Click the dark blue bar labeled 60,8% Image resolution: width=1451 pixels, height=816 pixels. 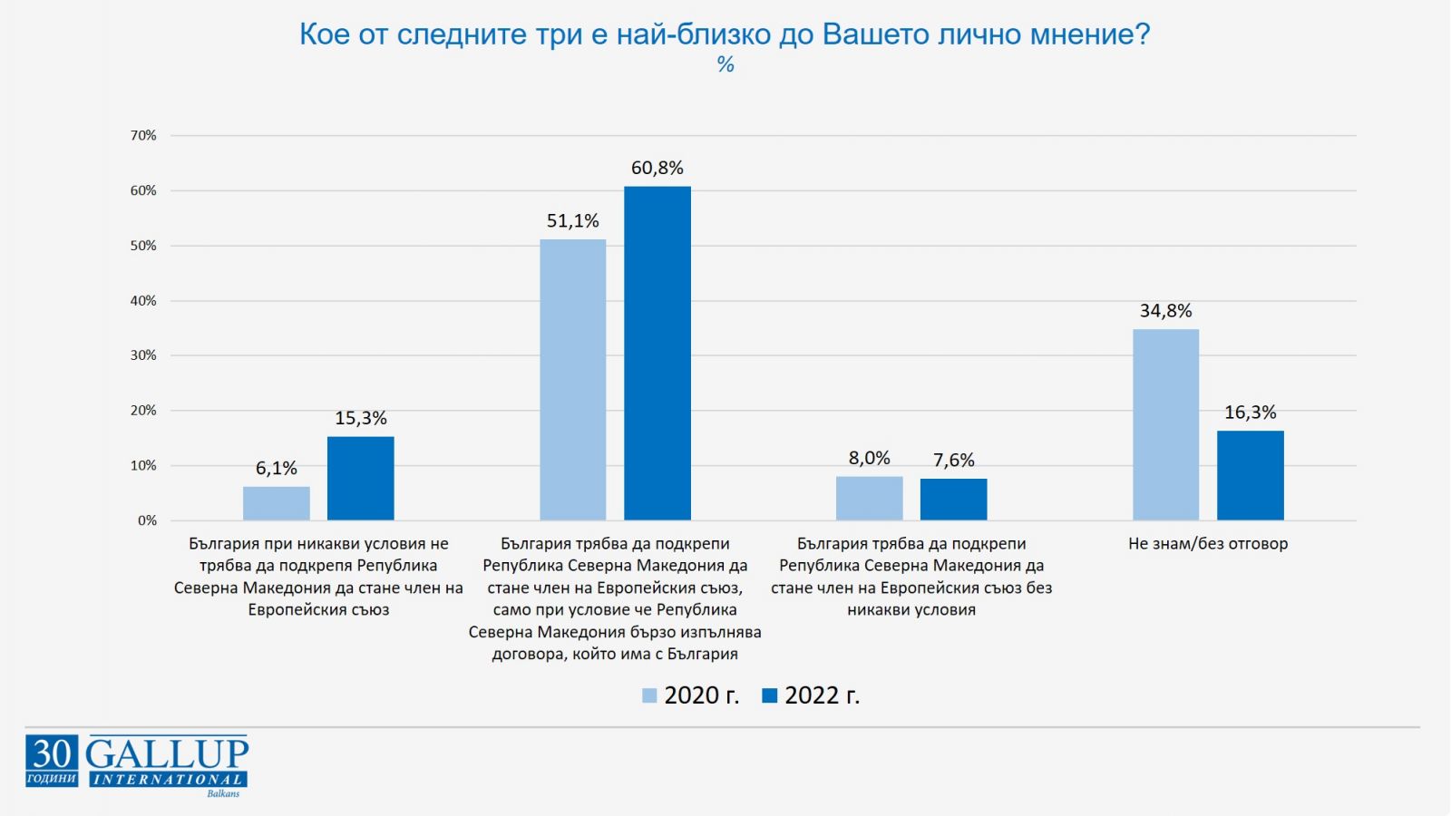coord(657,354)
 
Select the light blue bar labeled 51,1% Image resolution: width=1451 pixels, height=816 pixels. coord(572,380)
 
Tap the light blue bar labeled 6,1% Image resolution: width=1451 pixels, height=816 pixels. coord(277,503)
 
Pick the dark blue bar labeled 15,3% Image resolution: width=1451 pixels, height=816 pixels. coord(361,478)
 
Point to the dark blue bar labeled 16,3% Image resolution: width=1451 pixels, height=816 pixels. coord(1251,475)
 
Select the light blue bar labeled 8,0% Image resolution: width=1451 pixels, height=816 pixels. coord(869,498)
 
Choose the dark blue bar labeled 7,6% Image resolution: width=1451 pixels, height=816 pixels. coord(954,500)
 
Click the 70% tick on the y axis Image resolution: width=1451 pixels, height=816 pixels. coord(143,136)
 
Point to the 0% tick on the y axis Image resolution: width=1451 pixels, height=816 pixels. coord(147,520)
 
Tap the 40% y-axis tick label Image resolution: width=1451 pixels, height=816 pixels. coord(143,301)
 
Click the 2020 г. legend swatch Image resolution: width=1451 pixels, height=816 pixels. coord(649,695)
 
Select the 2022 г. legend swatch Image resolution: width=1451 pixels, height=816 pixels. coord(770,695)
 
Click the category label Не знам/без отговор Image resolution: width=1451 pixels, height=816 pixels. coord(1208,544)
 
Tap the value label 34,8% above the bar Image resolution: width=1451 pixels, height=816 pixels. coord(1165,311)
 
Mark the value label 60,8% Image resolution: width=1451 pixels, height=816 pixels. coord(657,168)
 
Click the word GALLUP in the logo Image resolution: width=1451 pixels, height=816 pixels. coord(167,753)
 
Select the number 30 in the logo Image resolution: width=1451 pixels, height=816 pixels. coord(52,753)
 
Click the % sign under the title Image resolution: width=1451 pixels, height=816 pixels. coord(725,64)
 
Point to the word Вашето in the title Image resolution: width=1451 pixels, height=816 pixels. coord(875,34)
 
